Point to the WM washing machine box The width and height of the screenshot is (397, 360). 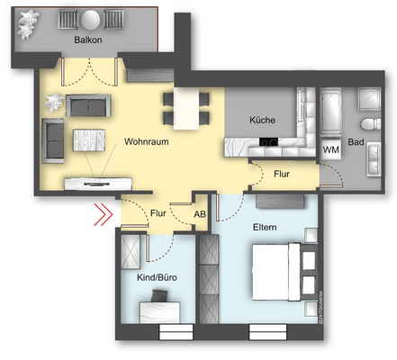330,148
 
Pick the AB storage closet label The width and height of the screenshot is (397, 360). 202,214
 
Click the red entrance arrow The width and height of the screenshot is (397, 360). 104,215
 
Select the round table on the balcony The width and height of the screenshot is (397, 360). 90,20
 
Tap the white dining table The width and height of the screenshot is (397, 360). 187,108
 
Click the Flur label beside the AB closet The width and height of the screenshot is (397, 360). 158,214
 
